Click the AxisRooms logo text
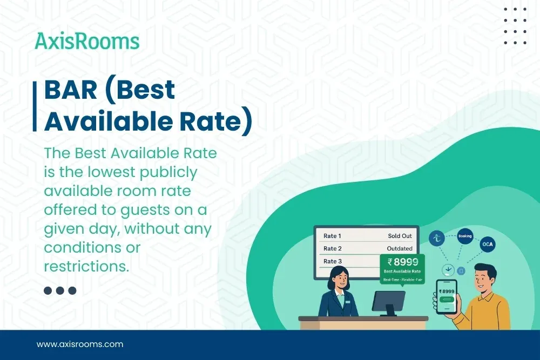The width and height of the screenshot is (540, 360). (x=87, y=42)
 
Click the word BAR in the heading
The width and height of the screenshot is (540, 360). (x=70, y=90)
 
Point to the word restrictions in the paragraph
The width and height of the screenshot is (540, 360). (x=86, y=266)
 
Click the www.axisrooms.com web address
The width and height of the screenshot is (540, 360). (x=80, y=344)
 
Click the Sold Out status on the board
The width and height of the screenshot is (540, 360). (x=400, y=236)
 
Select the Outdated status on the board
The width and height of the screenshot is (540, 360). (x=400, y=248)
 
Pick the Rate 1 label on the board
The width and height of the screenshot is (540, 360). (x=332, y=236)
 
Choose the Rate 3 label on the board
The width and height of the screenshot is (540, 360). (x=332, y=261)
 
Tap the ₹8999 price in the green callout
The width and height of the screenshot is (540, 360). (x=402, y=263)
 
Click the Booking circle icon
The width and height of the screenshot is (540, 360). (x=464, y=236)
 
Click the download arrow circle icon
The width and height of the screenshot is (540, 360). (x=448, y=270)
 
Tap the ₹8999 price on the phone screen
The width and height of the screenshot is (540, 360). (x=447, y=291)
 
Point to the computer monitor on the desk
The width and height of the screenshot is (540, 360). (x=388, y=301)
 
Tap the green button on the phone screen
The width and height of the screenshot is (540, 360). (x=446, y=302)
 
